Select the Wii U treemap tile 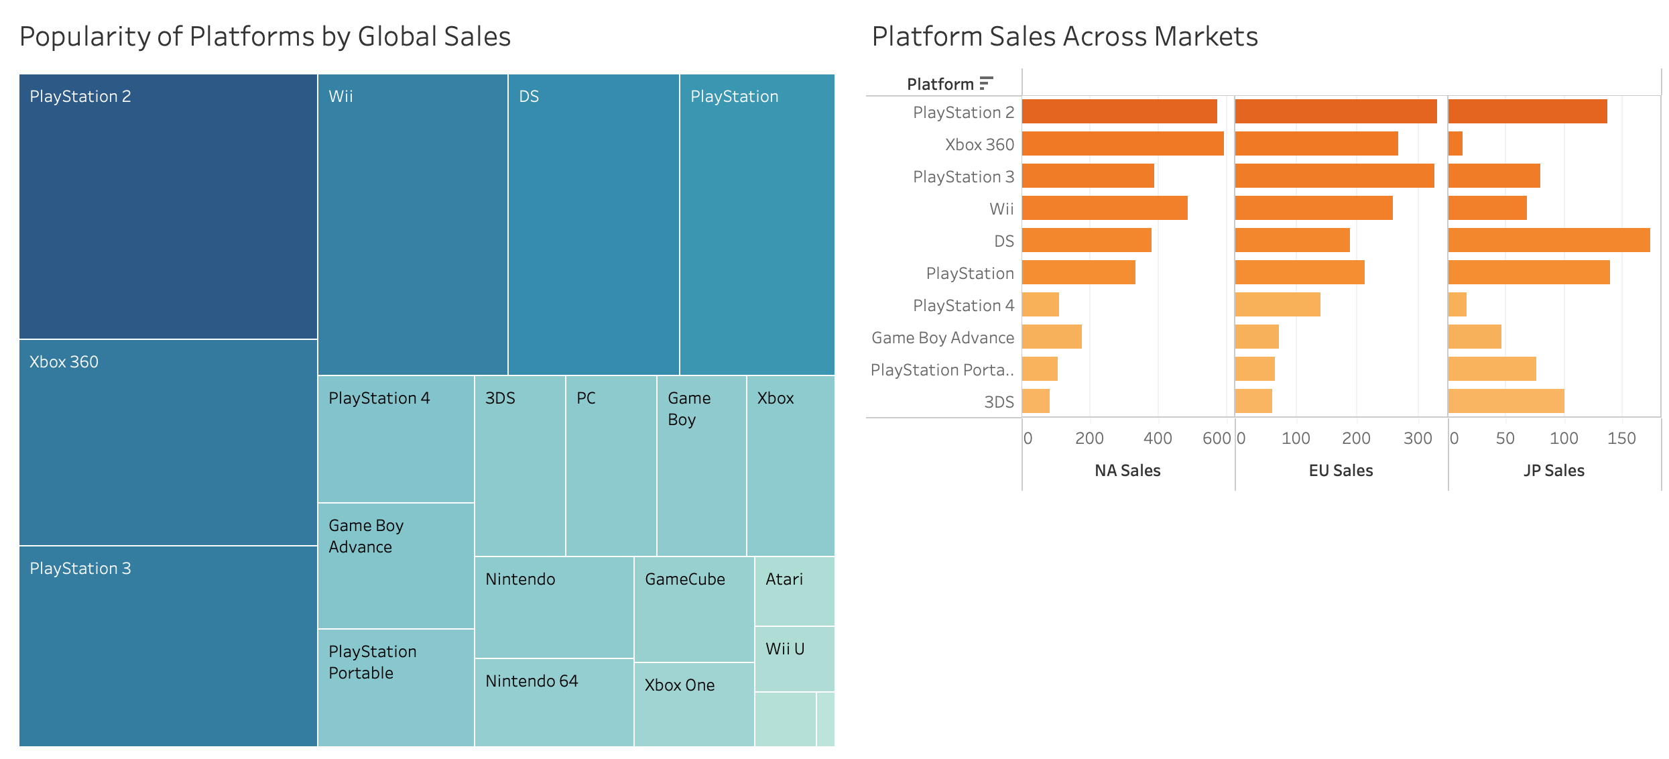tap(794, 659)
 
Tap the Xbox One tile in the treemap tap(694, 704)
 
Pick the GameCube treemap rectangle tap(694, 609)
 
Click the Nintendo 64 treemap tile tap(554, 702)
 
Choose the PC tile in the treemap tap(611, 466)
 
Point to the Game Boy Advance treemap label tap(366, 536)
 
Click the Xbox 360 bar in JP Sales tap(1455, 143)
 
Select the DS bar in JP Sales tap(1548, 240)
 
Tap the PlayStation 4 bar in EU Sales tap(1277, 304)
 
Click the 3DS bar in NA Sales tap(1036, 401)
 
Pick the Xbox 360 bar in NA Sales tap(1123, 143)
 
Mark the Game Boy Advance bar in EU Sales tap(1257, 337)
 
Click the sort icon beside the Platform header tap(985, 83)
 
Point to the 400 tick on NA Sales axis tap(1158, 439)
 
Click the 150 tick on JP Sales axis tap(1621, 439)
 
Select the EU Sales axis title tap(1341, 471)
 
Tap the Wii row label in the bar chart tap(1001, 209)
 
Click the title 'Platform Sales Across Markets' tap(1064, 36)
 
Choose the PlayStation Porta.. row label tap(942, 369)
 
